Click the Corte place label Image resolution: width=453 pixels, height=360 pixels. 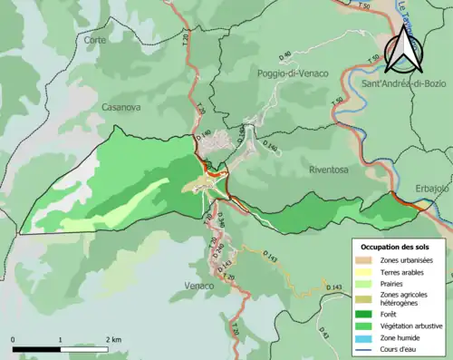(94, 40)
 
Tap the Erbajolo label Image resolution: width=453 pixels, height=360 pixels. (431, 188)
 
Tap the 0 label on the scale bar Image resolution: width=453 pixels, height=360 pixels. (14, 339)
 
